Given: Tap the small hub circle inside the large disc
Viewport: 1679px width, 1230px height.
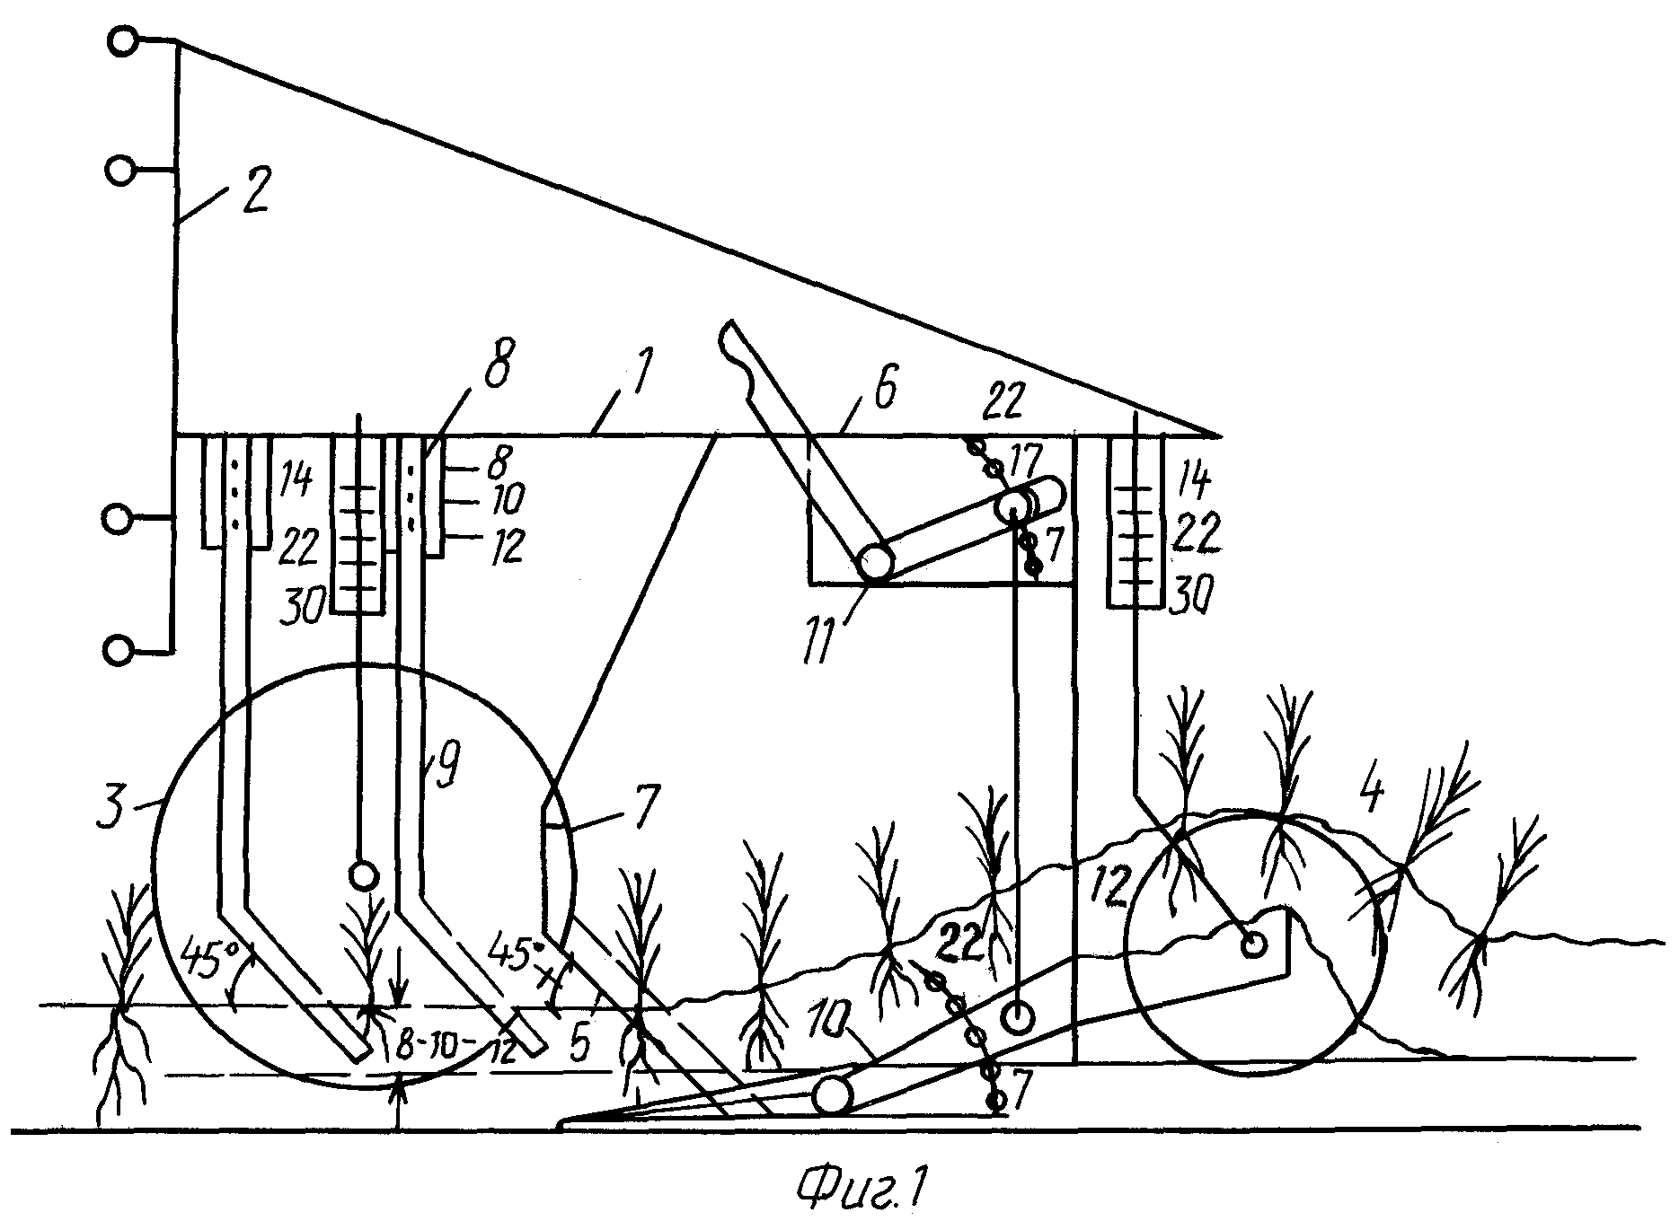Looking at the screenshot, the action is [361, 874].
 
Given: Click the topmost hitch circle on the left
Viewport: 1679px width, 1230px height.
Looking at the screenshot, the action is [123, 40].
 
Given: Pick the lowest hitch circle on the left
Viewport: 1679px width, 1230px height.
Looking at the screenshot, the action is [119, 648].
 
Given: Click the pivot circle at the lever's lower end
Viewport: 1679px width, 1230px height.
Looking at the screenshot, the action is [874, 563].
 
